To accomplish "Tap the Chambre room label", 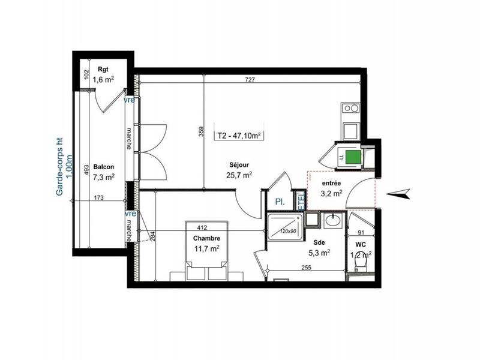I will [206, 237].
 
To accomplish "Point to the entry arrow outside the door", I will [398, 193].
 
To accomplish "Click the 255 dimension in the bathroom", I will [307, 268].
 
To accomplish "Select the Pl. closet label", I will [279, 202].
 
